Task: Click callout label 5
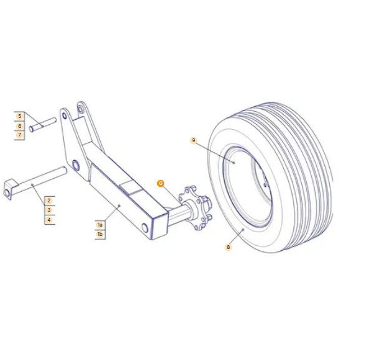[19, 116]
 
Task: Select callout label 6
[19, 126]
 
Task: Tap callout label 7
[19, 135]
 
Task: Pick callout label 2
[49, 200]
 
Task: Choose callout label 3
[49, 210]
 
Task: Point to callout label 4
[49, 220]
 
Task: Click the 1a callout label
[100, 225]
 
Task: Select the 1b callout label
[100, 234]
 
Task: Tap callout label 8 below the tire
[229, 247]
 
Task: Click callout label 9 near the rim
[194, 140]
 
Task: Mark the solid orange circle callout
[161, 184]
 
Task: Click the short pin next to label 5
[43, 125]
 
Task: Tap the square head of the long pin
[10, 189]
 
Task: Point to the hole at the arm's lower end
[145, 228]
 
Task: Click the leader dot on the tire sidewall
[243, 230]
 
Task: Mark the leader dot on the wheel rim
[234, 163]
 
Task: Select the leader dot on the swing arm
[119, 205]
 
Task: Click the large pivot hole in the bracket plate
[76, 165]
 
